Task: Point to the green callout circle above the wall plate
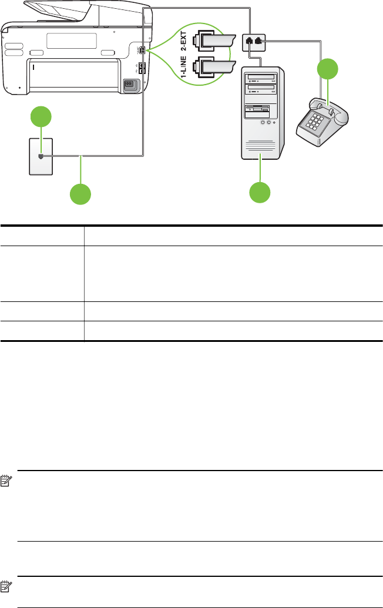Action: [40, 117]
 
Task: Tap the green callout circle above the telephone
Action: [328, 70]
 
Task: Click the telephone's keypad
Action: [314, 122]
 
